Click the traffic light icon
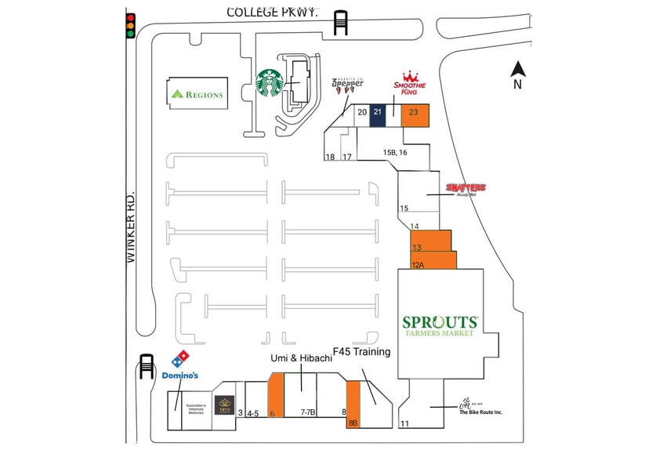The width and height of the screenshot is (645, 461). coord(130,26)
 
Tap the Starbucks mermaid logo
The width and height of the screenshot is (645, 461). coord(270,82)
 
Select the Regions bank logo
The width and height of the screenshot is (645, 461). coord(197,94)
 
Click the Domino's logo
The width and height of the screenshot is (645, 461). coord(179,365)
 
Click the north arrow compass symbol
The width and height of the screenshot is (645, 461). coord(516,74)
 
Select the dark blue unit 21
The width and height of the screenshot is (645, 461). coord(377,114)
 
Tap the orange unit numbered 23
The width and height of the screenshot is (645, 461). coord(413,114)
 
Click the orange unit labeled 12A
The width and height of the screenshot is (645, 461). coord(433,260)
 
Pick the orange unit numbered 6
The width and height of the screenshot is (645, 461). coord(275,396)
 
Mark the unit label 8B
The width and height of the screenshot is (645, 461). coord(353,423)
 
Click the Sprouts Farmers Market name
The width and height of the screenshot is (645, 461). coord(440,325)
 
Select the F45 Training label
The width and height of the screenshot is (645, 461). coord(361,351)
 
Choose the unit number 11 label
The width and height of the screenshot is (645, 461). coord(405,424)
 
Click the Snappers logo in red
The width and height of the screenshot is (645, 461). coord(466,188)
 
